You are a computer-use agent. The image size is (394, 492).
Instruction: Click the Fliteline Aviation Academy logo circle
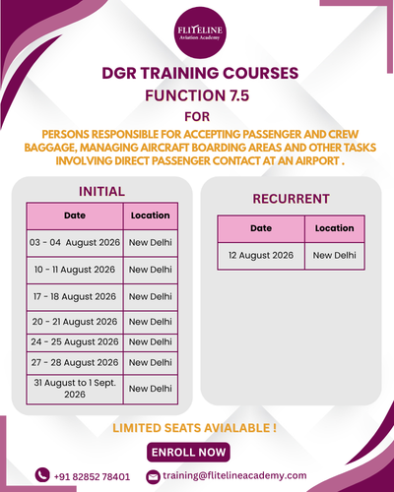(x=200, y=32)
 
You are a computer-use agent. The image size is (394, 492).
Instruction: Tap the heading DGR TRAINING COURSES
(x=200, y=73)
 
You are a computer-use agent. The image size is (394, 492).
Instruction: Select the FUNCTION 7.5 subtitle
(x=197, y=95)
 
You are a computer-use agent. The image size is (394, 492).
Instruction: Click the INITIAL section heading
(x=101, y=192)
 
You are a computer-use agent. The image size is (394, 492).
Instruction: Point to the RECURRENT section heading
(x=291, y=199)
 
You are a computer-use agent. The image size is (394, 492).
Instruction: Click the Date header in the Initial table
(x=75, y=215)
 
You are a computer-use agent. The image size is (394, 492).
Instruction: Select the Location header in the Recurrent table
(x=335, y=228)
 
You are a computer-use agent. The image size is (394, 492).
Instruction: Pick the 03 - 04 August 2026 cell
(x=75, y=243)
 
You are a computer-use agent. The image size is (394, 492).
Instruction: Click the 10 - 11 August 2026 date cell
(x=75, y=270)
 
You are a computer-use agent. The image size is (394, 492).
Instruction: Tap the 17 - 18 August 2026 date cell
(x=75, y=297)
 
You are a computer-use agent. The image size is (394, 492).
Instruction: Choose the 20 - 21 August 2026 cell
(x=75, y=322)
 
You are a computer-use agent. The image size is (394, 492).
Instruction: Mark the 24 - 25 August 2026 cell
(x=75, y=342)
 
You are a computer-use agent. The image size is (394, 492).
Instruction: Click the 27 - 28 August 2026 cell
(x=75, y=363)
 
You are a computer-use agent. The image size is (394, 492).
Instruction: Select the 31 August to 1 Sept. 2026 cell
(x=75, y=389)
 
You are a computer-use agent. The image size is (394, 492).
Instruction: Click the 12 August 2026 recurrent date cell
(x=261, y=256)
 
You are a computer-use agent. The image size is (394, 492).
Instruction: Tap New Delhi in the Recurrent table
(x=335, y=256)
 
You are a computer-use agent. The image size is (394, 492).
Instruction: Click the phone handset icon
(x=42, y=475)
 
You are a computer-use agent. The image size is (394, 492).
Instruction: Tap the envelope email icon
(x=153, y=477)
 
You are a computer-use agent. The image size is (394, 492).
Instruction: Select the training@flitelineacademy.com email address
(x=234, y=476)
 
